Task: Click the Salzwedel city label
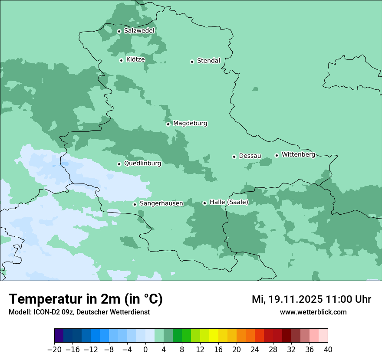[139, 31]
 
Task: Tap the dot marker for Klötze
[121, 60]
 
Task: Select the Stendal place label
[208, 61]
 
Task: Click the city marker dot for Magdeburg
[168, 124]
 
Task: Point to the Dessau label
[250, 156]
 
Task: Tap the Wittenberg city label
[298, 154]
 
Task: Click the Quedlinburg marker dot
[119, 164]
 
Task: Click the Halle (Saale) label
[229, 202]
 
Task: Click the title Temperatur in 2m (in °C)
[86, 299]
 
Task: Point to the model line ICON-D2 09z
[79, 312]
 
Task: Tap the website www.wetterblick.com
[313, 312]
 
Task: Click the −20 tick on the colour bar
[54, 350]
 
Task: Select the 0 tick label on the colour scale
[145, 350]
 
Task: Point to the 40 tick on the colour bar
[328, 350]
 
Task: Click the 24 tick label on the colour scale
[255, 350]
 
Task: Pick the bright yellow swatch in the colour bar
[214, 336]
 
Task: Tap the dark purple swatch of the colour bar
[59, 336]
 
